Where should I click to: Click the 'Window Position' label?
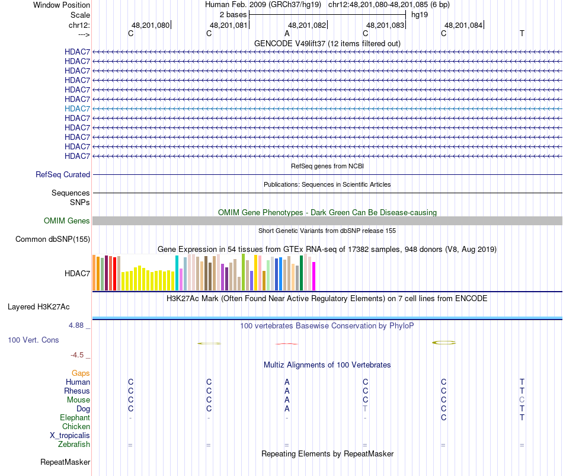click(62, 5)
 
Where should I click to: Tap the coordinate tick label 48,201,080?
click(151, 25)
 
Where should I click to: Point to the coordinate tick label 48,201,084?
click(463, 25)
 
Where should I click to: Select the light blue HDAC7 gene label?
click(77, 108)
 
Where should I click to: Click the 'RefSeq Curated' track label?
click(63, 175)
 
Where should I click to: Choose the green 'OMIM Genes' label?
click(67, 221)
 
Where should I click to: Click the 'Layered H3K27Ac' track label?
click(39, 307)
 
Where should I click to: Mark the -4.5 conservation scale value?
click(78, 355)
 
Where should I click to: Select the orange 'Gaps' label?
click(81, 373)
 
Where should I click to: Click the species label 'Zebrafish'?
click(74, 445)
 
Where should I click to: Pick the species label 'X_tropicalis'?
click(70, 436)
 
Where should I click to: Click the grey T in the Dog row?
click(365, 409)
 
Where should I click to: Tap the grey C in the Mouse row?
click(522, 400)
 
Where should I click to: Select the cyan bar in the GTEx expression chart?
click(177, 273)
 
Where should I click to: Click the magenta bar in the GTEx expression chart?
click(314, 276)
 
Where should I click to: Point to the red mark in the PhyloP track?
click(287, 343)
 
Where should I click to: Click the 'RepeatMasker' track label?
click(65, 462)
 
